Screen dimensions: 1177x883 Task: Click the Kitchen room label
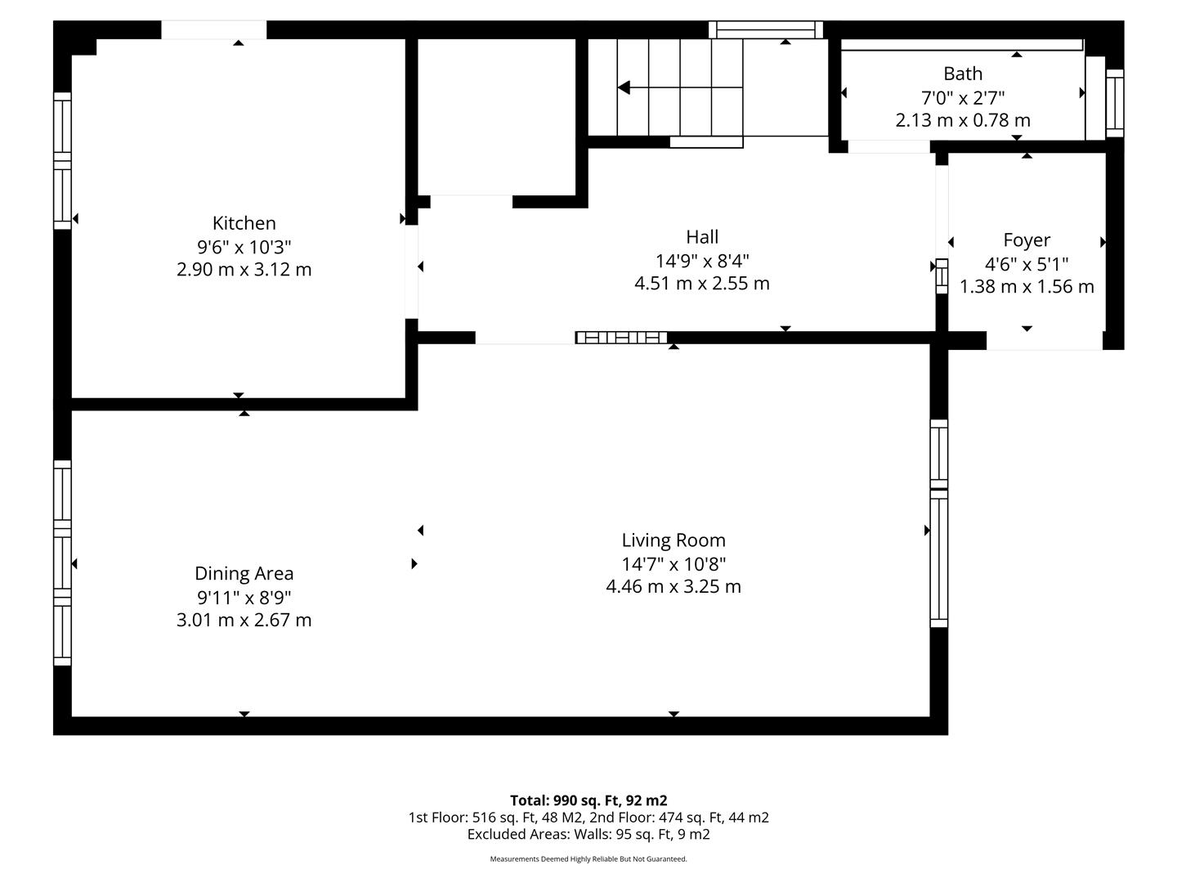click(244, 223)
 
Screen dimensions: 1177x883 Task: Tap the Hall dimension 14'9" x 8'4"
click(702, 261)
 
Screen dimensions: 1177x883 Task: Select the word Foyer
click(1027, 240)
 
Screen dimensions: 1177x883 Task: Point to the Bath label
click(963, 74)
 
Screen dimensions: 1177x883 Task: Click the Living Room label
click(674, 540)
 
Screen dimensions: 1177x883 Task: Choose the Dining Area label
click(244, 573)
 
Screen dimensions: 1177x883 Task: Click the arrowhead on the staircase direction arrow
click(624, 87)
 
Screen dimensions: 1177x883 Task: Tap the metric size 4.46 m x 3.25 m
click(674, 586)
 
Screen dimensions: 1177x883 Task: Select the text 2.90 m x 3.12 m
click(244, 269)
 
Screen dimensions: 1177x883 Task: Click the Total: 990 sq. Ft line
click(588, 800)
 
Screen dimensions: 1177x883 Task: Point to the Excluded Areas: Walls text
click(588, 834)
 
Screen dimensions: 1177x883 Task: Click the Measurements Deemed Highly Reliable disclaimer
click(588, 858)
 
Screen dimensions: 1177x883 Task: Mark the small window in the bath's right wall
click(1115, 103)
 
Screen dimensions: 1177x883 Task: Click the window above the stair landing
click(766, 29)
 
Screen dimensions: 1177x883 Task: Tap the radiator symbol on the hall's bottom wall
click(621, 338)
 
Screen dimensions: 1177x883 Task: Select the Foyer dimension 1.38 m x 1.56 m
click(1027, 286)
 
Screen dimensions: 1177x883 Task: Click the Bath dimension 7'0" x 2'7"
click(963, 98)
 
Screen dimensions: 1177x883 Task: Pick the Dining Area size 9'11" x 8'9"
click(244, 597)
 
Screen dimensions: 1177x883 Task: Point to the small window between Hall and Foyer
click(942, 276)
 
